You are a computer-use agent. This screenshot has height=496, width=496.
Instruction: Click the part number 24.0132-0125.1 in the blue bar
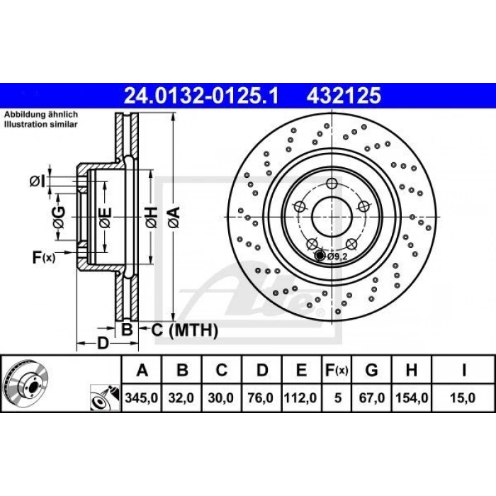pos(201,96)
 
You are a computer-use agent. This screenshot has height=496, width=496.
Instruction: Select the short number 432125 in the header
pos(344,96)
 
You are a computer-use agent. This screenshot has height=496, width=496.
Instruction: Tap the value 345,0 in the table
pos(142,398)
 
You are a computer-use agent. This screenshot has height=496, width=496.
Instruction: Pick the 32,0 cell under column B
pos(181,398)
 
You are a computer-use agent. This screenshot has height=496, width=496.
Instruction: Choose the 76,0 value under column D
pos(260,398)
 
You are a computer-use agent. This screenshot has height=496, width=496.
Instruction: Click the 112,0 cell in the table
pos(300,398)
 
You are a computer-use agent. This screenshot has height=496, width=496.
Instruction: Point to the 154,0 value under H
pos(412,398)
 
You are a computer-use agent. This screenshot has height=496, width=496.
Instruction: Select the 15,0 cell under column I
pos(463,398)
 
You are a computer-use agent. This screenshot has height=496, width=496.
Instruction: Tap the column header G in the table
pos(371,370)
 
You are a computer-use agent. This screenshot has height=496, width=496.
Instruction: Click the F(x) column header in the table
pos(337,370)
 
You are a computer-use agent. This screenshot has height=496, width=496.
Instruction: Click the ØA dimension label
pos(174,217)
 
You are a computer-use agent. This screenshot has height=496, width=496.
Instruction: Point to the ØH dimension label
pos(152,217)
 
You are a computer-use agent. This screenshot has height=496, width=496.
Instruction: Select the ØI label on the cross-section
pos(38,181)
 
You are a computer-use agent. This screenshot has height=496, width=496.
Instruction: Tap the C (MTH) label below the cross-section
pos(185,331)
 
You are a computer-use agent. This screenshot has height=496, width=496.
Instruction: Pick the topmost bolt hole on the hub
pos(332,183)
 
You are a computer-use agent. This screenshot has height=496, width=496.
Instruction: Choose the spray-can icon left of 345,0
pos(105,398)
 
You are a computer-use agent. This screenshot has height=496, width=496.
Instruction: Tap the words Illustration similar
pos(41,124)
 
